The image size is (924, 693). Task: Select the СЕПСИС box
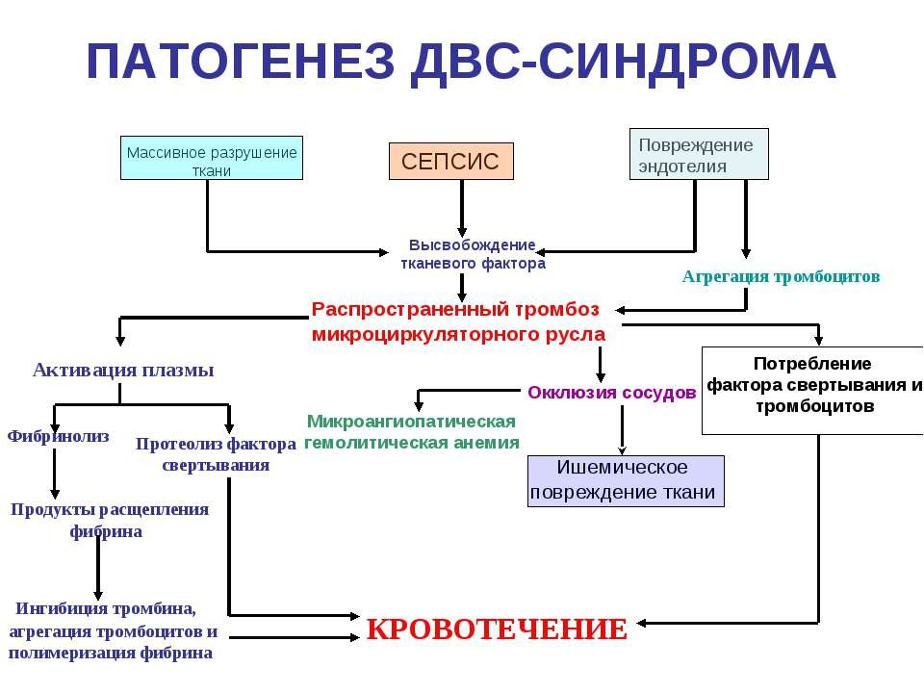click(x=450, y=162)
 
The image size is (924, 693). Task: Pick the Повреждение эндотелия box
click(x=699, y=154)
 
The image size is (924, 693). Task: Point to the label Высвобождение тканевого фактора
click(x=473, y=254)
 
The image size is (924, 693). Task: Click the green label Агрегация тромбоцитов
click(x=781, y=276)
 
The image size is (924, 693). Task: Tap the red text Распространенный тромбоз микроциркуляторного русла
click(x=458, y=321)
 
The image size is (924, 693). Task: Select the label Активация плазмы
click(x=123, y=370)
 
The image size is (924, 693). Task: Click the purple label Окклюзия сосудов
click(x=611, y=393)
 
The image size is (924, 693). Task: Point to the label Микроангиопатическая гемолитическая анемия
click(x=412, y=432)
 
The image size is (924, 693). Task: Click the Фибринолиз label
click(x=59, y=436)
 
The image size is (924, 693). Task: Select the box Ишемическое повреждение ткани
click(x=624, y=480)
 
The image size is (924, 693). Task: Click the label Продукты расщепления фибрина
click(x=109, y=520)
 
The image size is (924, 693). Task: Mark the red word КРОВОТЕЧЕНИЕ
click(x=497, y=629)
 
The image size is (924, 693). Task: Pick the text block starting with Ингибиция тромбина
click(x=112, y=631)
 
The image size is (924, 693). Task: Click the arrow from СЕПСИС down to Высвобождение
click(x=463, y=208)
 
